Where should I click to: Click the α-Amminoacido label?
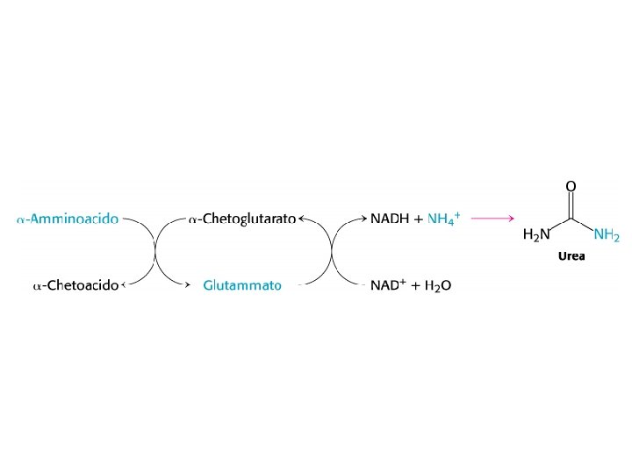[x=68, y=219]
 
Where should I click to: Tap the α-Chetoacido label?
[x=75, y=285]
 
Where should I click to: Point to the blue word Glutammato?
[x=242, y=285]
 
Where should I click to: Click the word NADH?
[x=390, y=219]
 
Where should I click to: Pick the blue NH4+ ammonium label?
[x=444, y=219]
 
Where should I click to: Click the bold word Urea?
[x=571, y=257]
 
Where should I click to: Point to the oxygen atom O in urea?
[x=571, y=186]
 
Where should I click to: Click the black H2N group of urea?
[x=536, y=234]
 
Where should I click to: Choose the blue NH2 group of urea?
[x=607, y=234]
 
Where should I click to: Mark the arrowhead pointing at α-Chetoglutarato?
[x=302, y=219]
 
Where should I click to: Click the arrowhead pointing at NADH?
[x=363, y=219]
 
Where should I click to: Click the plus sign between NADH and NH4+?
[x=418, y=219]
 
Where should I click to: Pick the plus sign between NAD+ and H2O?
[x=415, y=285]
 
